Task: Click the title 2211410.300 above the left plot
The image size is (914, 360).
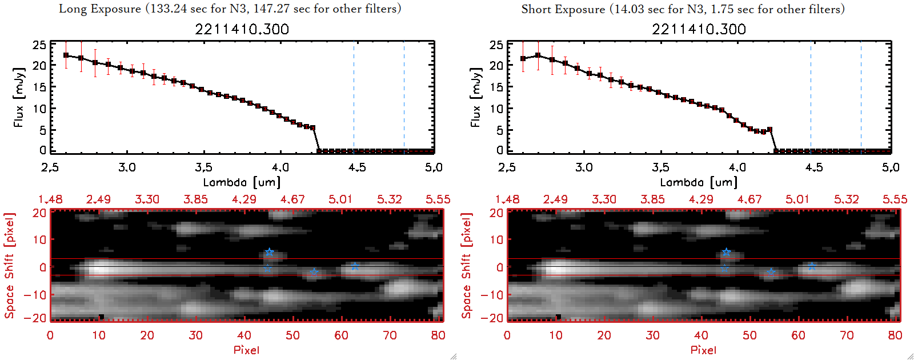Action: (x=242, y=29)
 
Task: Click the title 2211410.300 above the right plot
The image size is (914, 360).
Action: (x=699, y=29)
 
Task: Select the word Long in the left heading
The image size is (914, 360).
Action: (x=72, y=9)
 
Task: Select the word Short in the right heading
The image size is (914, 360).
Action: (x=536, y=9)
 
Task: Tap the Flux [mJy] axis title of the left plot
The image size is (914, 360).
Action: (x=19, y=98)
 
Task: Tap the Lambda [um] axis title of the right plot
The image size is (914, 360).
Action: (x=699, y=182)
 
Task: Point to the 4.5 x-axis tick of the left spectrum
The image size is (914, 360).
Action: (x=357, y=167)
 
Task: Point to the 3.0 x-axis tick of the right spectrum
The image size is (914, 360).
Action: (x=584, y=167)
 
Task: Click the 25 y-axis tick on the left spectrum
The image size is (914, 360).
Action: (x=39, y=45)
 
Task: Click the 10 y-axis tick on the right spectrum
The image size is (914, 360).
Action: (x=496, y=109)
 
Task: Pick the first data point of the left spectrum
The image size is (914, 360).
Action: (x=66, y=55)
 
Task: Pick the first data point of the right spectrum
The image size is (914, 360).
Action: (x=523, y=58)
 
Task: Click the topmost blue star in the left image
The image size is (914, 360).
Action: (x=270, y=252)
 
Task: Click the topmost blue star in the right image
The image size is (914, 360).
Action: (x=726, y=252)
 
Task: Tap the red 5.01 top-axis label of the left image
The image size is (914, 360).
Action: (x=340, y=199)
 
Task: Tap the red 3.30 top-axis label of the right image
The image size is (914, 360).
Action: (x=604, y=199)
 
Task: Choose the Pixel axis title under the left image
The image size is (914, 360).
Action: (x=246, y=350)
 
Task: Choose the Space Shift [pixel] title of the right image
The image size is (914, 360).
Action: (x=467, y=266)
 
